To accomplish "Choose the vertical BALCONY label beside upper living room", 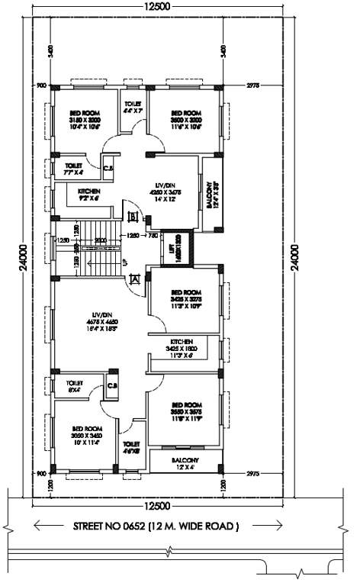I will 210,195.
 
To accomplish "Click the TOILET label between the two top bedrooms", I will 133,107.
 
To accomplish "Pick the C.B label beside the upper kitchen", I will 108,167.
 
